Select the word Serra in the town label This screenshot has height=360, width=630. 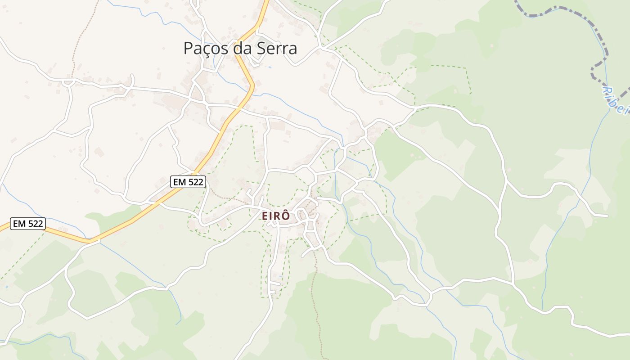[x=277, y=49]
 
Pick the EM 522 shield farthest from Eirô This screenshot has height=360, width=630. [x=28, y=224]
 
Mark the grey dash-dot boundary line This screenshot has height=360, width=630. [x=562, y=13]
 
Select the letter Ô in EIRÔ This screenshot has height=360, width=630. [x=286, y=216]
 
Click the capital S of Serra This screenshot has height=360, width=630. [x=262, y=49]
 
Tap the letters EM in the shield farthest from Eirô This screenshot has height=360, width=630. [x=19, y=224]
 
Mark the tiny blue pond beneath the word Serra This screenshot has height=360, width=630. [x=270, y=67]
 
